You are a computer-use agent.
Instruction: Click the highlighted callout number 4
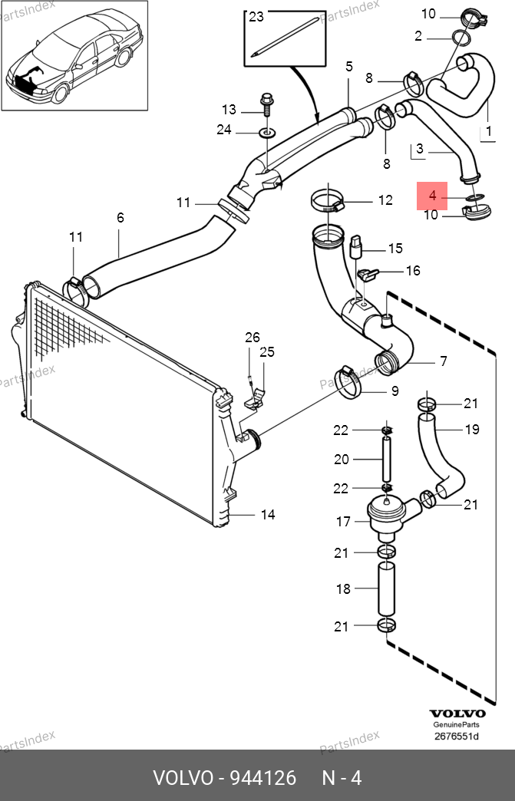(x=432, y=196)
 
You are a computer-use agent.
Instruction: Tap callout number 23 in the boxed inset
(x=256, y=18)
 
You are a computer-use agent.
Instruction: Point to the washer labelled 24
(x=266, y=133)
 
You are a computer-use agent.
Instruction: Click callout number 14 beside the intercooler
(x=268, y=514)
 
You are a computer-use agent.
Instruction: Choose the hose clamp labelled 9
(x=348, y=382)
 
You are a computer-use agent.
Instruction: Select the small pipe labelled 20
(x=387, y=460)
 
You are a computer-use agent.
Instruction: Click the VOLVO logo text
(x=457, y=714)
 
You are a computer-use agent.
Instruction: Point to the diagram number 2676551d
(x=457, y=736)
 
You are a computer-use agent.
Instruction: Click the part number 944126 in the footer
(x=263, y=778)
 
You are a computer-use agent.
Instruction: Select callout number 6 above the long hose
(x=120, y=218)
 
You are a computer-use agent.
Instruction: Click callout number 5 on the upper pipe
(x=349, y=67)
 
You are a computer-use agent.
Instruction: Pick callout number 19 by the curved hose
(x=472, y=429)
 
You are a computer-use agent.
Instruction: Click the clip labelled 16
(x=368, y=275)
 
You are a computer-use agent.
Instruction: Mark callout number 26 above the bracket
(x=253, y=337)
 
